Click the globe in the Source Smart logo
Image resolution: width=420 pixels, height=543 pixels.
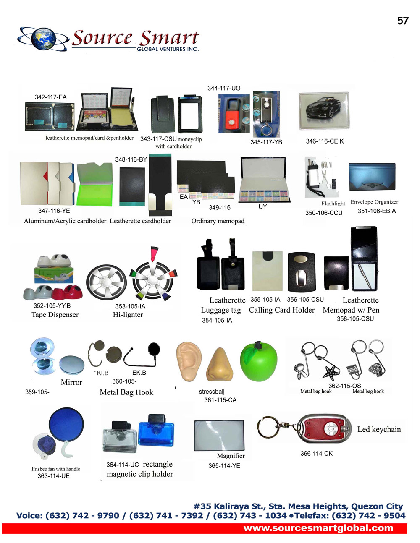(42, 39)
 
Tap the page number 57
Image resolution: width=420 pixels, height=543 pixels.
(402, 21)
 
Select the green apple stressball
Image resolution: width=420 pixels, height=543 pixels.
(258, 361)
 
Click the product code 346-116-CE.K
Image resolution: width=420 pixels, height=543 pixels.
(325, 141)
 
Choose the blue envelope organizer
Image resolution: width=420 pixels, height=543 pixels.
(372, 178)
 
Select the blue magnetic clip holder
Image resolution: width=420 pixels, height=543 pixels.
(156, 430)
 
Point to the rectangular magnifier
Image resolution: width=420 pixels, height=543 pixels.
(219, 435)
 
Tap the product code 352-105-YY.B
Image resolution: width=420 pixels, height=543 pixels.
(52, 306)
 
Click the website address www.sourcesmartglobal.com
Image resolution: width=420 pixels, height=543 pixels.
(318, 528)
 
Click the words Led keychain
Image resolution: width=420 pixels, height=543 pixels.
(379, 429)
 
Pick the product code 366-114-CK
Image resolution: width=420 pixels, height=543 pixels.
(316, 454)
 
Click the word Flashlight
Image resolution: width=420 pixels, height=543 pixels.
(333, 204)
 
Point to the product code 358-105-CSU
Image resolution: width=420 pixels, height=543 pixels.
(355, 319)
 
